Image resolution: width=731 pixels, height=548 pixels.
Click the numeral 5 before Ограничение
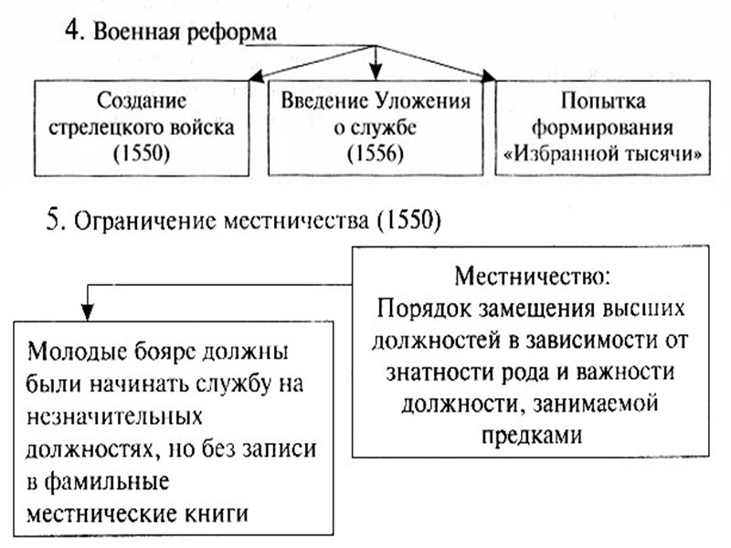[54, 220]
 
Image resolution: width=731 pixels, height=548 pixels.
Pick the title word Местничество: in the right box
[531, 275]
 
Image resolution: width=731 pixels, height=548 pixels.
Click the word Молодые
[73, 353]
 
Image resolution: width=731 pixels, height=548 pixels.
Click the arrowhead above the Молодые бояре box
[87, 310]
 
